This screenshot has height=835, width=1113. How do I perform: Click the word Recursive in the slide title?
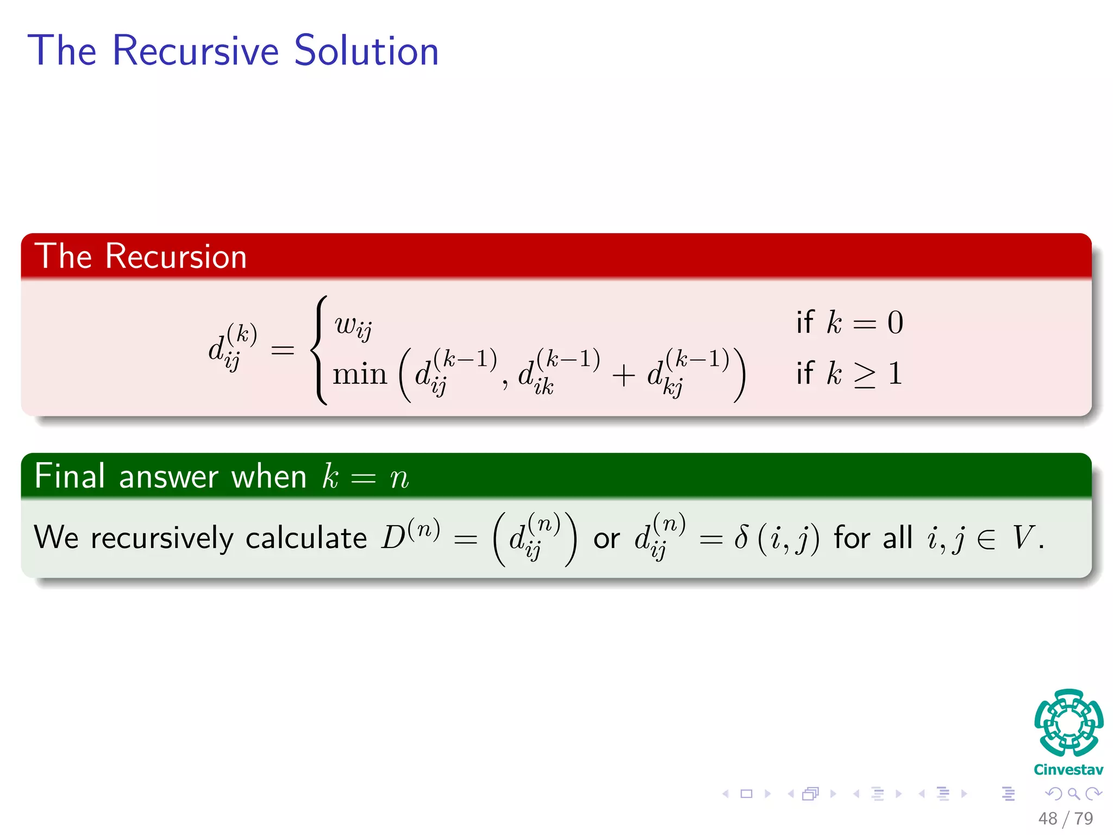coord(196,51)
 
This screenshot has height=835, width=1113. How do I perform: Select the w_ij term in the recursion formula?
coord(353,326)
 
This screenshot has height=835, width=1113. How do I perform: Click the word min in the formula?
coord(359,375)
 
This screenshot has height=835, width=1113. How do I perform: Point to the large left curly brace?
coord(320,350)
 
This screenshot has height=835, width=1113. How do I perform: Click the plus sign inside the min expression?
coord(623,376)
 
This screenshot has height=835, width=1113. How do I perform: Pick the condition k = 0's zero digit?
coord(895,323)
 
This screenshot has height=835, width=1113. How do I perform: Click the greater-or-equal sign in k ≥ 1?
coord(865,375)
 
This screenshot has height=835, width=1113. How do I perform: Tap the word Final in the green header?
coord(69,476)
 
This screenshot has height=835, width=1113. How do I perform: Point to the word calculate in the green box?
coord(306,538)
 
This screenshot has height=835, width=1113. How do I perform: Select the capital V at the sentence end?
coord(1022,538)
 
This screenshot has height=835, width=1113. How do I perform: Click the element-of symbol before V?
coord(985,539)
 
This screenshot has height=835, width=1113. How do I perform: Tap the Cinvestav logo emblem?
coord(1068,723)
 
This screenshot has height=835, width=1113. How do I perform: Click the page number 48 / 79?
coord(1065,818)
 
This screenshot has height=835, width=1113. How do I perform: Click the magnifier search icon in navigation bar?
coord(1073,794)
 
